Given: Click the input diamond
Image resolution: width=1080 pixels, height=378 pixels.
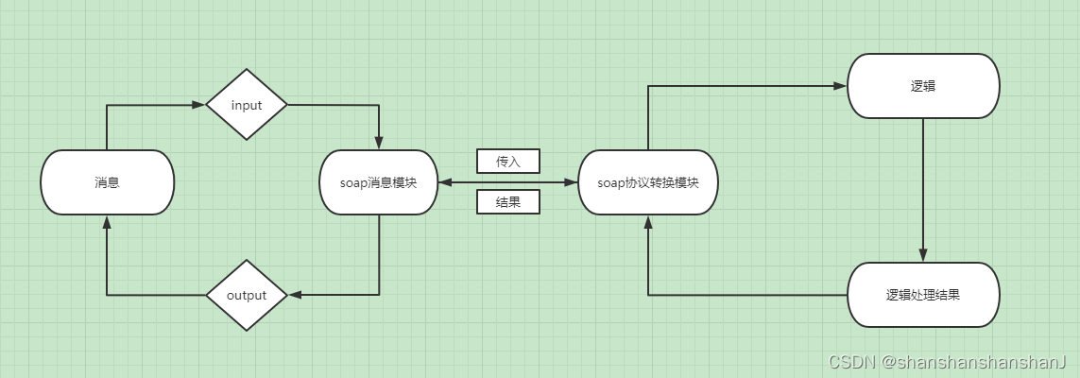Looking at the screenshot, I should coord(247,105).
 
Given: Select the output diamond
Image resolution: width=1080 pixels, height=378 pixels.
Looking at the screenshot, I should coord(247,295).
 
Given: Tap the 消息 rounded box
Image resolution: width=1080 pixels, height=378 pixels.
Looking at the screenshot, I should coord(108,182).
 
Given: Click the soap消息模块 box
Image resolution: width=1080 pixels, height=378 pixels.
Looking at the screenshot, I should coord(379,182).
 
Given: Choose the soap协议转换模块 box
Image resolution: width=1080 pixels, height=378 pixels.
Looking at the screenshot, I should coord(648,182).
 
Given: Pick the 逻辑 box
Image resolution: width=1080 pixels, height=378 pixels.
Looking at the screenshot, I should coord(923,86).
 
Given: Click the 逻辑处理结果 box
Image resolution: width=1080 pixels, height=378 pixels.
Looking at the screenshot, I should coord(923,295).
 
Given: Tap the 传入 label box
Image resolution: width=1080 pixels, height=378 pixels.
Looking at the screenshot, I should coord(508,162).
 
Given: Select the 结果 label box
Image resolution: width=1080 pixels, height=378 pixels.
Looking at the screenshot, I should coord(508,201).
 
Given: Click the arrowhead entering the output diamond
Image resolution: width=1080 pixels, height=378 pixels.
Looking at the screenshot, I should coord(294,295).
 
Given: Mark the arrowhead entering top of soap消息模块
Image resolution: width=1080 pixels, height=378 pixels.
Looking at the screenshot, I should coord(379,144).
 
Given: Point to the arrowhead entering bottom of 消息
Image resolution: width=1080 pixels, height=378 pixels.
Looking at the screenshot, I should coord(108,222).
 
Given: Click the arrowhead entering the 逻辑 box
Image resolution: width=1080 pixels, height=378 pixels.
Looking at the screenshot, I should coord(840,86).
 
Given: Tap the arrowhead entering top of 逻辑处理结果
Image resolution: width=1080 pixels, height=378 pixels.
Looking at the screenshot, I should coord(923,256).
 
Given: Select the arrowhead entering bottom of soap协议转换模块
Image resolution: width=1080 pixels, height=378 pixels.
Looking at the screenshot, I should coord(648,222).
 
